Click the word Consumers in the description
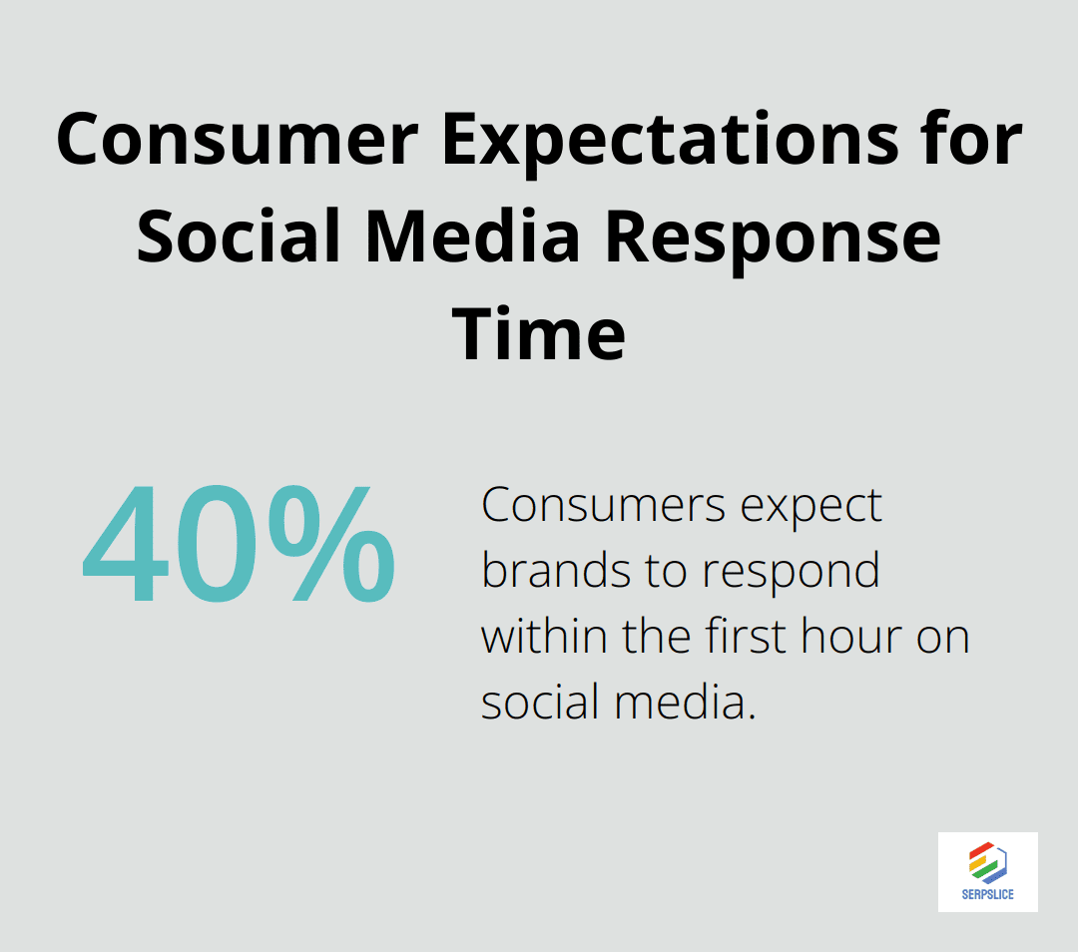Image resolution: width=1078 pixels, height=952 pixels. point(604,506)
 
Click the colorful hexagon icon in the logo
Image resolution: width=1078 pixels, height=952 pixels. point(988,863)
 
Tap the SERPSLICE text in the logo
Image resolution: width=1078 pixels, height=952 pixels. point(988,894)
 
